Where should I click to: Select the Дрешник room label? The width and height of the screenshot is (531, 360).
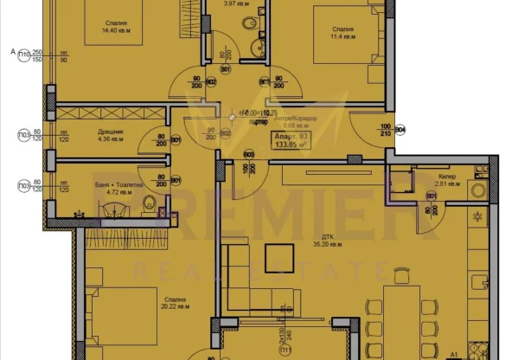112,135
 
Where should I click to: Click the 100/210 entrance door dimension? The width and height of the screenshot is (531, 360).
384,130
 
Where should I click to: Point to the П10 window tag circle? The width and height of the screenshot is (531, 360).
24,52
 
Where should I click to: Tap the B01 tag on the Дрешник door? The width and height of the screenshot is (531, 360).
175,139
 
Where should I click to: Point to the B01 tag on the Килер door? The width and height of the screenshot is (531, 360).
430,196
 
